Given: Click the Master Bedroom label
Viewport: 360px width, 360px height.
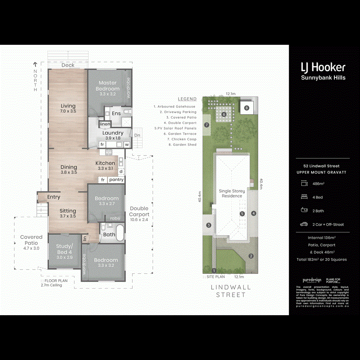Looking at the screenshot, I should pyautogui.click(x=107, y=86).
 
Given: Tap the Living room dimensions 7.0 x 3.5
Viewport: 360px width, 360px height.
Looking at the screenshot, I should pyautogui.click(x=68, y=112).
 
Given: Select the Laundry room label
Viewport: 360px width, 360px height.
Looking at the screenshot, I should pyautogui.click(x=112, y=133).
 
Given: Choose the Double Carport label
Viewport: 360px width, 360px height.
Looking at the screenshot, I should pyautogui.click(x=139, y=211).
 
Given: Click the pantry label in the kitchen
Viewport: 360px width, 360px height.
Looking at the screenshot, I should pyautogui.click(x=116, y=180).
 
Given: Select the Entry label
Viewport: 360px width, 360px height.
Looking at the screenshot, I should pyautogui.click(x=54, y=197).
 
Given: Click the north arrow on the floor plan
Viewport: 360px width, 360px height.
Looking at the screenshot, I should pyautogui.click(x=35, y=64).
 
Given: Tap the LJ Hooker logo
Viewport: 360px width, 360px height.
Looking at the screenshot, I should pyautogui.click(x=323, y=67).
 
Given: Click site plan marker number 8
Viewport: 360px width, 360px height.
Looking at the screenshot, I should pyautogui.click(x=247, y=108).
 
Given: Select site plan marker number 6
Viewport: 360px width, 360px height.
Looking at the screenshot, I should pyautogui.click(x=224, y=114).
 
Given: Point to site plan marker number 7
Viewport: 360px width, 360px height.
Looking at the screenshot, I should pyautogui.click(x=207, y=125).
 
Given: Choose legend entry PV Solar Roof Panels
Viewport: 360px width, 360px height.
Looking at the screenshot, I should pyautogui.click(x=175, y=128).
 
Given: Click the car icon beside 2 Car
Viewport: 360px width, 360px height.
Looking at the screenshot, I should pyautogui.click(x=304, y=224).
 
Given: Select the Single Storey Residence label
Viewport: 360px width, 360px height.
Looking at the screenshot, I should pyautogui.click(x=232, y=194).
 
